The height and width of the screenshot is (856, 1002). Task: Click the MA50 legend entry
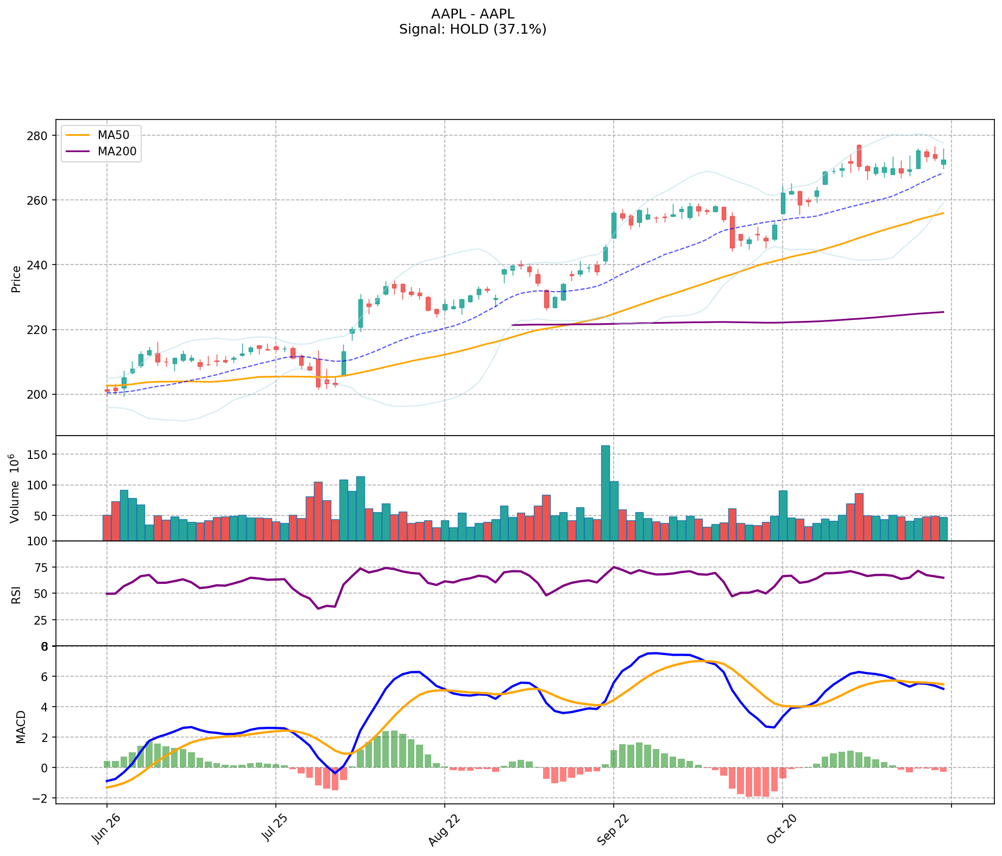pyautogui.click(x=114, y=135)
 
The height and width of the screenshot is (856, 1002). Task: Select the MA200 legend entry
pyautogui.click(x=117, y=152)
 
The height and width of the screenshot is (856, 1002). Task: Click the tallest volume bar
pyautogui.click(x=605, y=493)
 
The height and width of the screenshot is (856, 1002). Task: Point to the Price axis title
pyautogui.click(x=16, y=279)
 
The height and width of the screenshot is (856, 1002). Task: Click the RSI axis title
pyautogui.click(x=16, y=594)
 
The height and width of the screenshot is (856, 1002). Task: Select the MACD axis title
pyautogui.click(x=21, y=727)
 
